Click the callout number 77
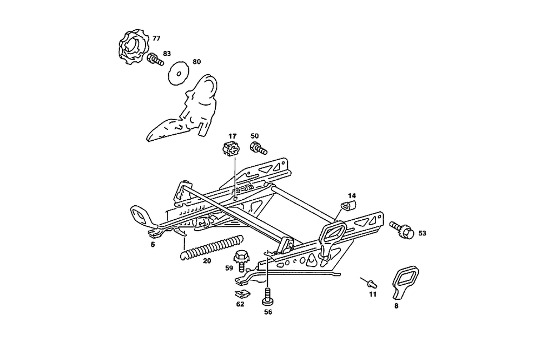tap(156, 38)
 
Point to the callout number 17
tap(232, 136)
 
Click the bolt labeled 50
tap(258, 147)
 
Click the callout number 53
tap(423, 233)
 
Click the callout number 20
tap(207, 260)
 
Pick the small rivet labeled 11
tap(371, 283)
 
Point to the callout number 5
tap(153, 245)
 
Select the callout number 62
tap(240, 304)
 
